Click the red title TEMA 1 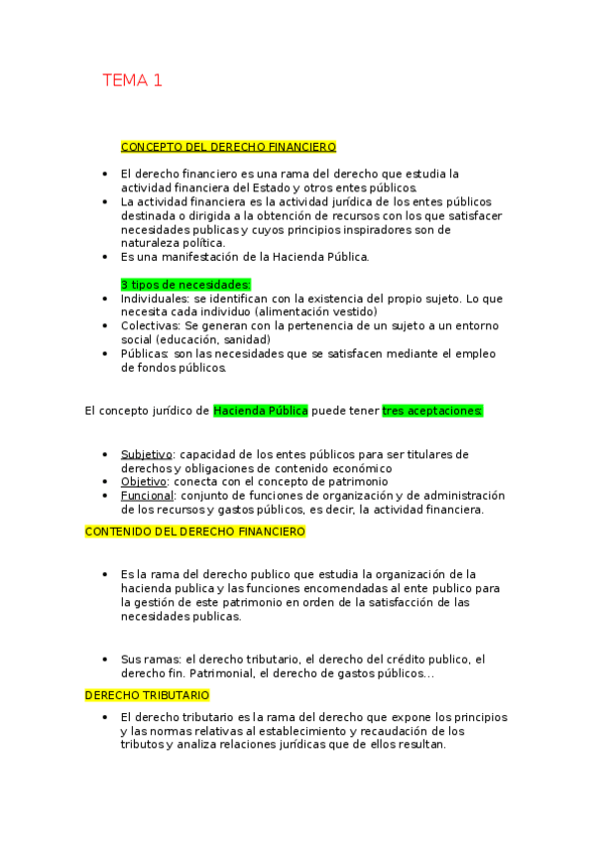[132, 81]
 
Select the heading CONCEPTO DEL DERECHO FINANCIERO [228, 147]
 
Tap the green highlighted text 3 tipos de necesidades [185, 285]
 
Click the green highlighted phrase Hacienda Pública [261, 411]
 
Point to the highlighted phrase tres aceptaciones [432, 411]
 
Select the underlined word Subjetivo [147, 454]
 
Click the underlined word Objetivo [144, 482]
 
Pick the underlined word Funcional [147, 496]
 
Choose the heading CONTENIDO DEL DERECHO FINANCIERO [195, 532]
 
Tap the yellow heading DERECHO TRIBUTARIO [147, 695]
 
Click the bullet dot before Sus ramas [105, 660]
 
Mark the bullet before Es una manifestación [105, 257]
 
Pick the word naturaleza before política [152, 243]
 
